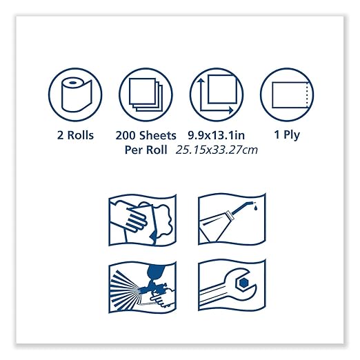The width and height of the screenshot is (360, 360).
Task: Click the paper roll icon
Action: pos(74,94)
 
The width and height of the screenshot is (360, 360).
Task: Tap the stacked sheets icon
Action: pos(146,94)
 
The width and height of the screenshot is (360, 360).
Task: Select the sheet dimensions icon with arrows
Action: pos(216,94)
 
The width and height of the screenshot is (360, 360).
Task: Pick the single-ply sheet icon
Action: pos(286,94)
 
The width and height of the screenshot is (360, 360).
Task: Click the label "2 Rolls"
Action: pos(75,135)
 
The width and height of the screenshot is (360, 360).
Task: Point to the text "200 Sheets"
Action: pos(147,135)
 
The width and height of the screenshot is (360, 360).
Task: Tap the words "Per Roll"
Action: pos(147,150)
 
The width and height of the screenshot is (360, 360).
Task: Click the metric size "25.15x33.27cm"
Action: pos(216,150)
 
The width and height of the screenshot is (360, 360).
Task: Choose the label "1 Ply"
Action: pos(286,135)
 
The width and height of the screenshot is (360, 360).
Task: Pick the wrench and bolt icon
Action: pos(230,289)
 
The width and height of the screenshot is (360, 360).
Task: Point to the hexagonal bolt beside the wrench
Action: pos(245,283)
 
